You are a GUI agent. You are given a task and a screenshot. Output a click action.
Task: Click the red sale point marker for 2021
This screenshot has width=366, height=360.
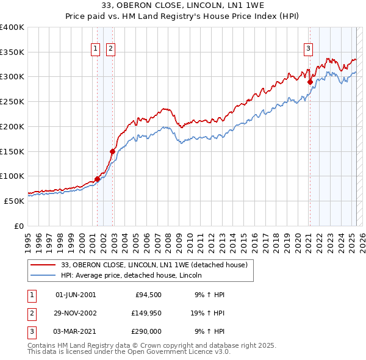310,82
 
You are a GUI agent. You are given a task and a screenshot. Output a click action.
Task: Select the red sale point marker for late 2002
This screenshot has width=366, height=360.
112,151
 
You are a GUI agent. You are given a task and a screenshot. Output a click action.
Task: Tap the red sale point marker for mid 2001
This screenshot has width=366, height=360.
97,179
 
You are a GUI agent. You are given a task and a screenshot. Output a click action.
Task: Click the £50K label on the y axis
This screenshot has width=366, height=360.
14,201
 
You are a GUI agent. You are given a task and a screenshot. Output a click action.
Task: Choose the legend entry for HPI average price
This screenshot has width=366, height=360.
135,276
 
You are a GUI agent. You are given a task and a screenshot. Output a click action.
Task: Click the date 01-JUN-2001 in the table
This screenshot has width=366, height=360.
76,295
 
